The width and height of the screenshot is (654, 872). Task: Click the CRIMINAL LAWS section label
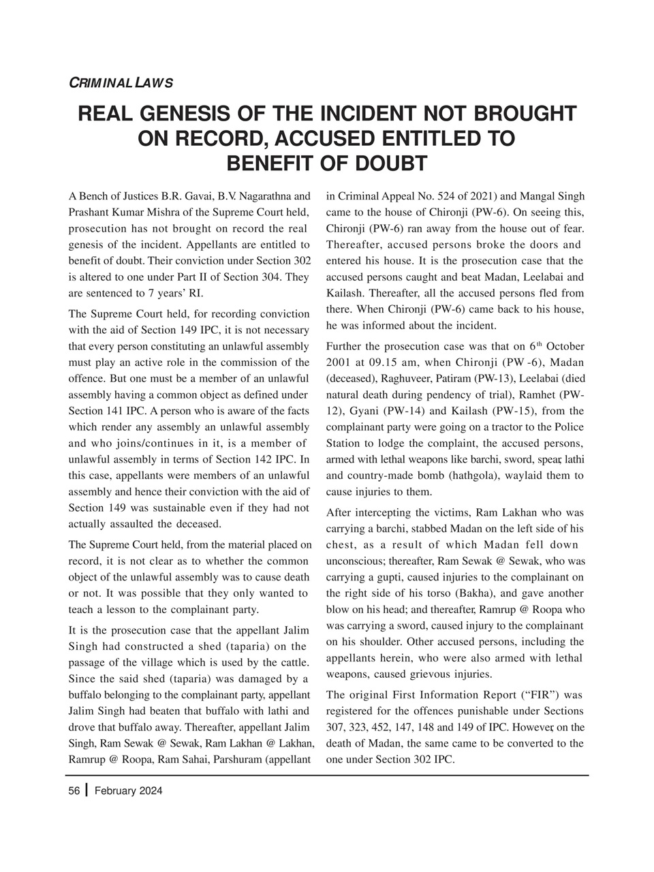[x=121, y=83]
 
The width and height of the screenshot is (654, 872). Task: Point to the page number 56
[x=74, y=791]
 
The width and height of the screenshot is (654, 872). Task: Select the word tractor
[x=504, y=427]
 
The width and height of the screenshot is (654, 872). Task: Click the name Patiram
[x=453, y=377]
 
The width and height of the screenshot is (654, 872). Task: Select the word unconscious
[x=357, y=561]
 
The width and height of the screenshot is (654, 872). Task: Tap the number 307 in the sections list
[x=336, y=727]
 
